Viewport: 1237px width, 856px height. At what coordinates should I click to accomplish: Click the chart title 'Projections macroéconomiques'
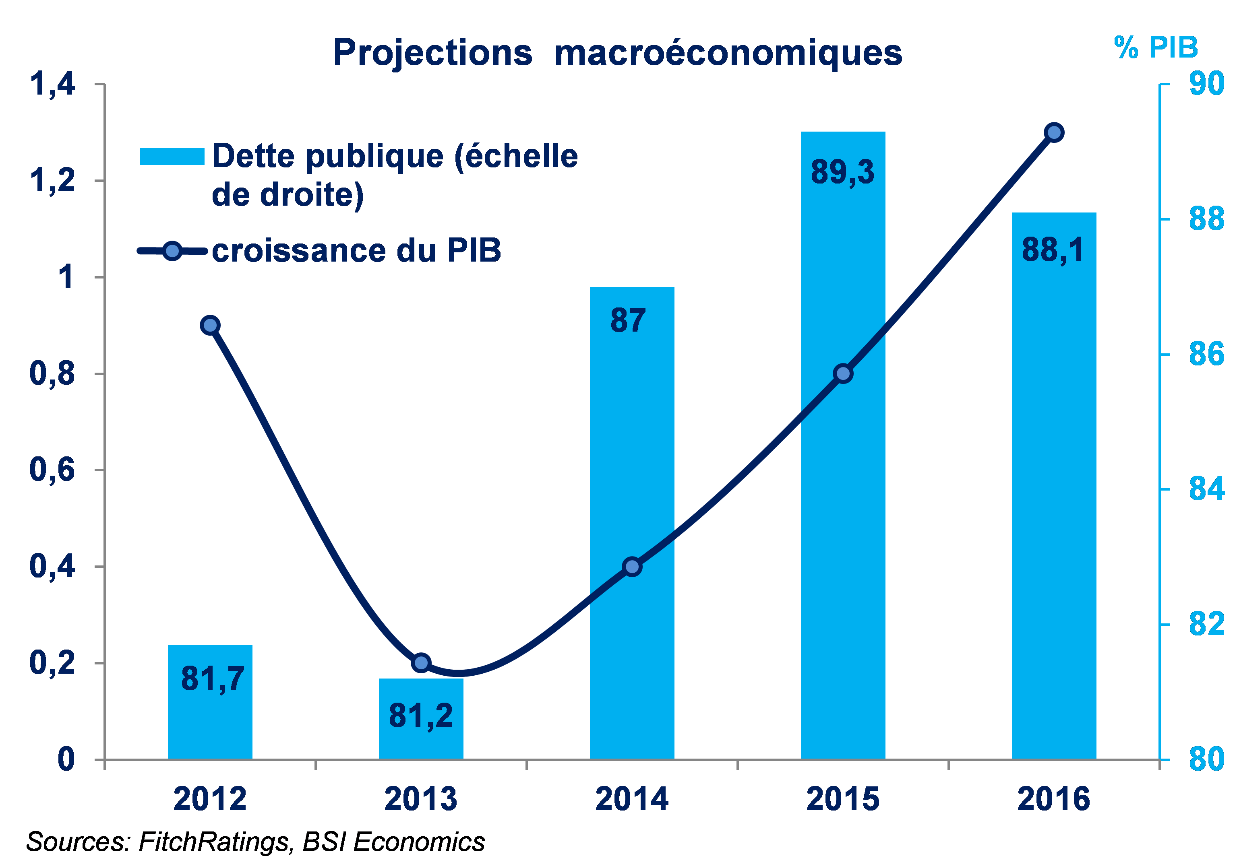(x=617, y=53)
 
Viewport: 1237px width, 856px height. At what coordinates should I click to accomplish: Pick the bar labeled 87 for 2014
(x=632, y=429)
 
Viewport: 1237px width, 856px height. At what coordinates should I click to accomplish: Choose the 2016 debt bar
(x=1053, y=483)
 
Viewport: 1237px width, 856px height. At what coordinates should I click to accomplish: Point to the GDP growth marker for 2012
(x=210, y=325)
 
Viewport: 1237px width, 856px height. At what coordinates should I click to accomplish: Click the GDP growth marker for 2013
(x=421, y=663)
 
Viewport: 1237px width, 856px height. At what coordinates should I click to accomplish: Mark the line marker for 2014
(x=632, y=566)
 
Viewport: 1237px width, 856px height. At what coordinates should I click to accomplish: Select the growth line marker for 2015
(x=843, y=373)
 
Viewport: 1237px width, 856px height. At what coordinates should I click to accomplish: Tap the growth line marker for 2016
(x=1054, y=132)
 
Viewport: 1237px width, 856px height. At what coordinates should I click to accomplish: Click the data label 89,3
(x=842, y=172)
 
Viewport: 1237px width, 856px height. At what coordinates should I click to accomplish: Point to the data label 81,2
(x=421, y=716)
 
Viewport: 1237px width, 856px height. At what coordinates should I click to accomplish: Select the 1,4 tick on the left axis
(x=52, y=84)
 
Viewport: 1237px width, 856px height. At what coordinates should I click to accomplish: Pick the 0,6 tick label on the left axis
(x=52, y=470)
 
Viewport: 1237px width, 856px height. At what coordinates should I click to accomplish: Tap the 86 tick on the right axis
(x=1206, y=354)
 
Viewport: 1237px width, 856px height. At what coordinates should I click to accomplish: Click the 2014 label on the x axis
(x=632, y=799)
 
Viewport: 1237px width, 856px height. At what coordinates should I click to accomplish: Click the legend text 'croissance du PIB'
(x=356, y=250)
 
